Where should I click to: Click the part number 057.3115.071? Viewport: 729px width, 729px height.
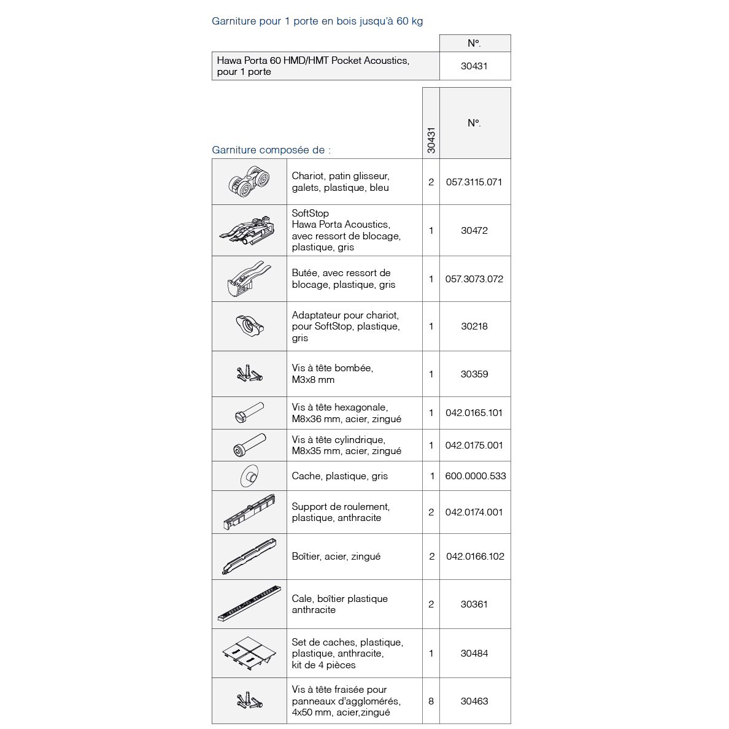[x=474, y=182]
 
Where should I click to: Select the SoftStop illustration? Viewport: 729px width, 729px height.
[x=249, y=230]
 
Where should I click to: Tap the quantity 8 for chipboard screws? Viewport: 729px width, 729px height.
[x=431, y=701]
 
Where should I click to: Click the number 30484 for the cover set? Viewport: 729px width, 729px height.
[x=474, y=654]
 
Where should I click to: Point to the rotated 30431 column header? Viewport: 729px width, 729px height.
[x=431, y=140]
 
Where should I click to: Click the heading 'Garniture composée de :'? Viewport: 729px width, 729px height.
[x=271, y=150]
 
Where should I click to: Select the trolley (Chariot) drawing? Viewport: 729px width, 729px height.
[x=249, y=182]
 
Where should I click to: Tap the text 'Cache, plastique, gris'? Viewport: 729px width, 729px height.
[x=339, y=476]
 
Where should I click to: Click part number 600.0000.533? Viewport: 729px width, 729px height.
[x=475, y=476]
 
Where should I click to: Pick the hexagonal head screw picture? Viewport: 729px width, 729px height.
[x=249, y=412]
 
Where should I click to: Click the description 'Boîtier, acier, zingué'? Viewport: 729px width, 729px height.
[x=336, y=557]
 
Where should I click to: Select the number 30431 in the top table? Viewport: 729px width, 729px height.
[x=474, y=66]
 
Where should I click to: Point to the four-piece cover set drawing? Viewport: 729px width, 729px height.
[x=249, y=654]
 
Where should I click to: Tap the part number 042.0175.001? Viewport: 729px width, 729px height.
[x=474, y=445]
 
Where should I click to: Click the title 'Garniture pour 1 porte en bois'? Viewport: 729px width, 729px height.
[x=317, y=21]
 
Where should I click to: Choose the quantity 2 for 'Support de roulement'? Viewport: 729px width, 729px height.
[x=431, y=512]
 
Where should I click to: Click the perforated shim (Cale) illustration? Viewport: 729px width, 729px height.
[x=249, y=604]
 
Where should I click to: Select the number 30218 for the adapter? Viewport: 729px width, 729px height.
[x=474, y=326]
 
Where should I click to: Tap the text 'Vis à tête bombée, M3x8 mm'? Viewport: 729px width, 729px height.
[x=332, y=374]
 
